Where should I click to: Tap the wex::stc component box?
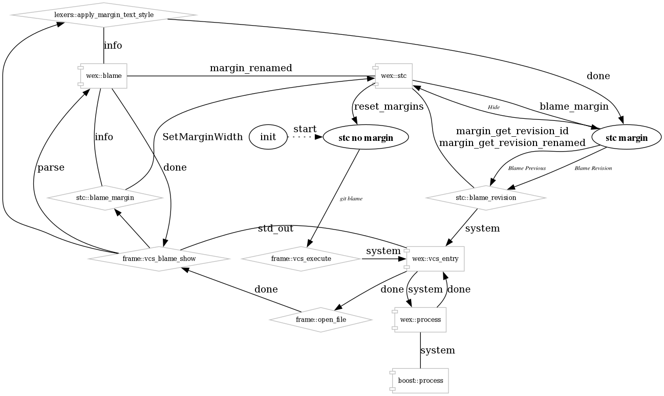pos(394,76)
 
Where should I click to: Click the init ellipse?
pos(268,137)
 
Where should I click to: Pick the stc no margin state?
pos(366,137)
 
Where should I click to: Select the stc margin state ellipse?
pos(626,137)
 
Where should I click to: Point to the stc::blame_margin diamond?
pos(105,197)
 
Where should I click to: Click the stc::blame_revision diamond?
pos(485,197)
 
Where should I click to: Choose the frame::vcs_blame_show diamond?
pos(159,259)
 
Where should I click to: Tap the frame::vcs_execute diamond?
pos(301,259)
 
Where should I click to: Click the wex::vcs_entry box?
pos(435,259)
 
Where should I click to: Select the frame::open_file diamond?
pos(320,320)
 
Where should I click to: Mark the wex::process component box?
pos(420,320)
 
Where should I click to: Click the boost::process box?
pos(420,381)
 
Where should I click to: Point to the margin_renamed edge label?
pos(251,68)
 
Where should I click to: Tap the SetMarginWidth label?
pos(202,137)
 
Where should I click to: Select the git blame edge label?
pos(351,199)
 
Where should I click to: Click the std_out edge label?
pos(275,228)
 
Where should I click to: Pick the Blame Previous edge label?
pos(527,168)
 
